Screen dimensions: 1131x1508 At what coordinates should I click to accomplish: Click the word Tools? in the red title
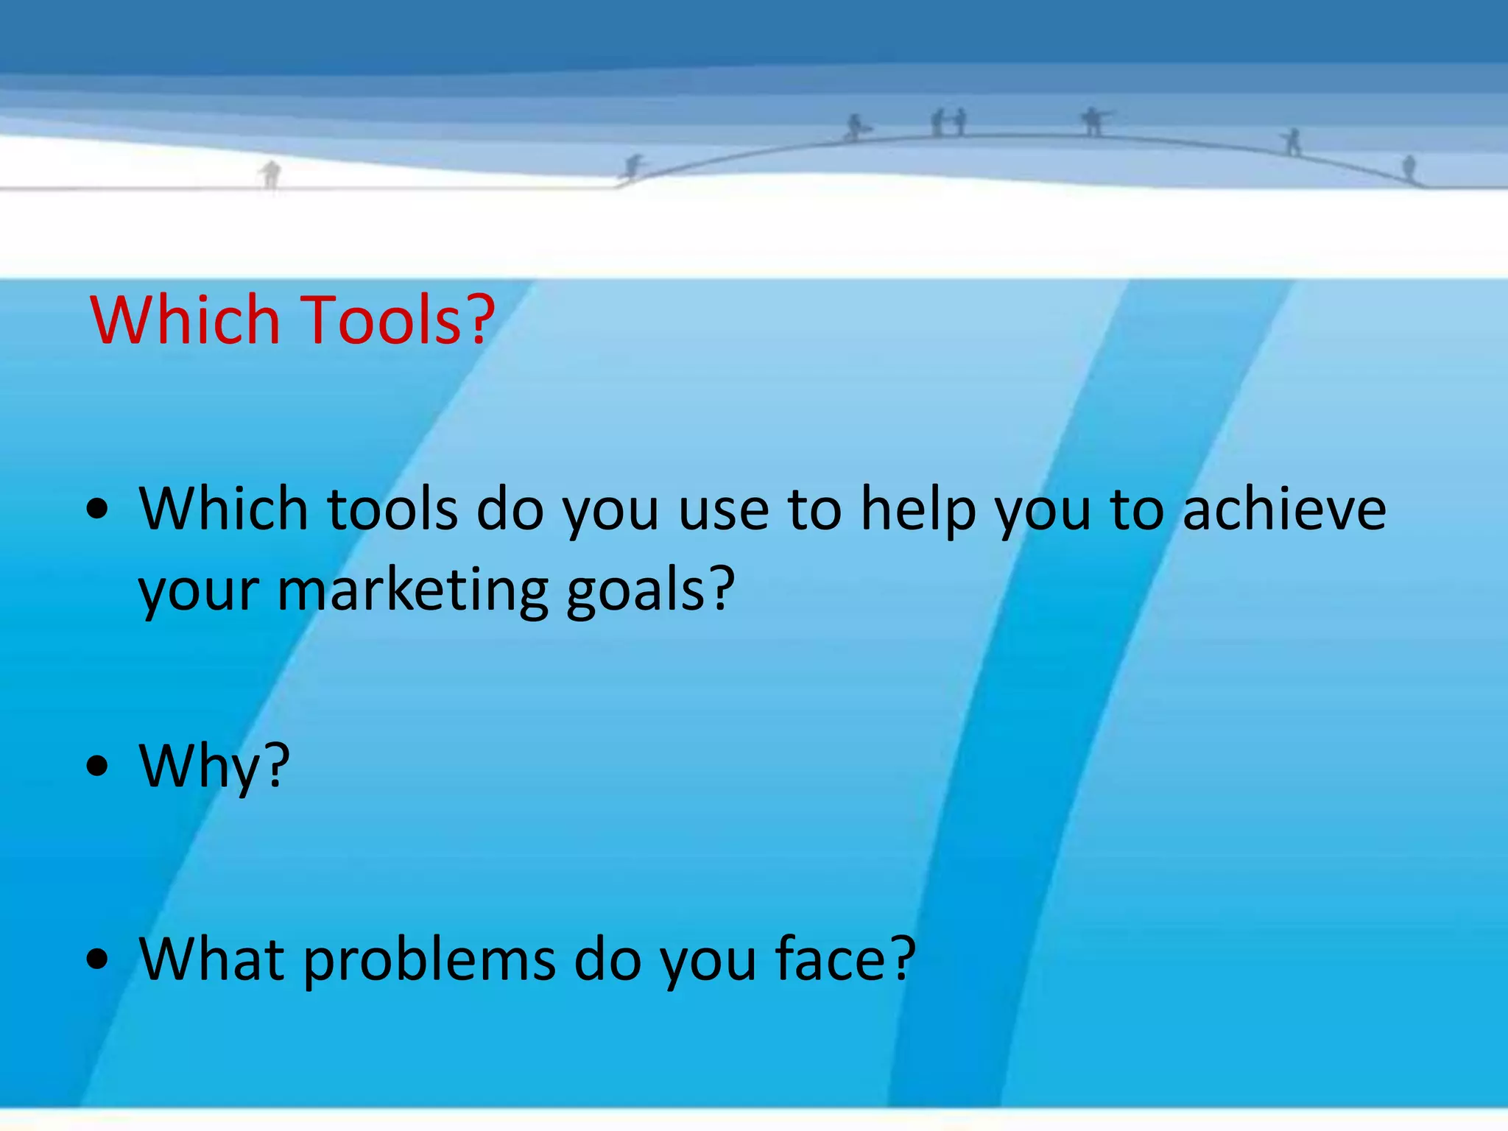coord(398,320)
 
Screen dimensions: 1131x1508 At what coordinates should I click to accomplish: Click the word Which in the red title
coord(185,320)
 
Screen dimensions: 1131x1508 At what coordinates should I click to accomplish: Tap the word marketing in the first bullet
coord(412,591)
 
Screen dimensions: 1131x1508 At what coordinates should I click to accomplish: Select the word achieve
coord(1284,510)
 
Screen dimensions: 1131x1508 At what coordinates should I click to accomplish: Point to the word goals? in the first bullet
coord(650,591)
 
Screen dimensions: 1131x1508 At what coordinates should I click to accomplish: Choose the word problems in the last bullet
coord(429,960)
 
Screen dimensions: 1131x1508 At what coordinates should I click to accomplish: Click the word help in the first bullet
coord(918,510)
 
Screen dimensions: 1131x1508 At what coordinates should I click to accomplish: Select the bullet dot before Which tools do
coord(97,510)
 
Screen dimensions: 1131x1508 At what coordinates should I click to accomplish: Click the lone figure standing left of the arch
coord(271,175)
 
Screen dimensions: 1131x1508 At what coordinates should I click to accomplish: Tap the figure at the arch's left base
coord(633,167)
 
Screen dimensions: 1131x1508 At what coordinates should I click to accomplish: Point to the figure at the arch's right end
coord(1409,168)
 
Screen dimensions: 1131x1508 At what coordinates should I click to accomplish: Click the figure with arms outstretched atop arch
coord(1093,121)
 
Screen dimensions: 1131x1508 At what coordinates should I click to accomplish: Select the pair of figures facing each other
coord(948,122)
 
